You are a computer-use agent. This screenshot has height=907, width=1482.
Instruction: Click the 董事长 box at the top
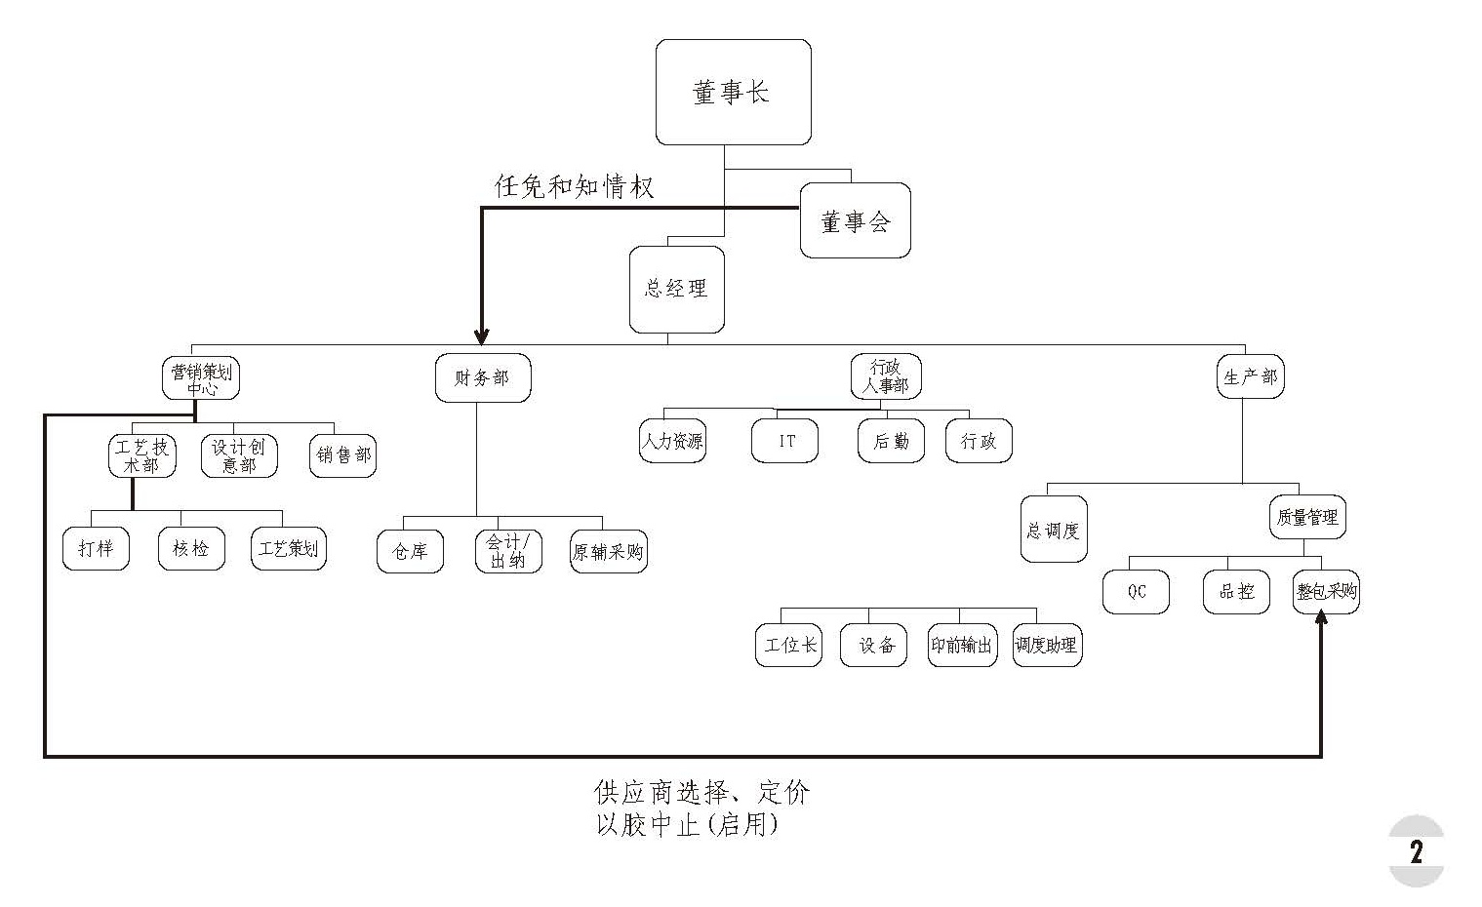[x=733, y=93]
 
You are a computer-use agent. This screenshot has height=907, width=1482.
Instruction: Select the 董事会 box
[x=855, y=221]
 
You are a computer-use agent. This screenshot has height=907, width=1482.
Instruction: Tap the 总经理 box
[x=676, y=289]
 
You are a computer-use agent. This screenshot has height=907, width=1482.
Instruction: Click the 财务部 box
[x=482, y=377]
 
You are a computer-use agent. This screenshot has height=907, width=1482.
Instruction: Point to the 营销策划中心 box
[x=201, y=377]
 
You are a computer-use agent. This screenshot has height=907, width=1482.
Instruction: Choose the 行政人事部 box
[x=885, y=376]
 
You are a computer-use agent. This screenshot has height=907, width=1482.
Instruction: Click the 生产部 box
[x=1250, y=376]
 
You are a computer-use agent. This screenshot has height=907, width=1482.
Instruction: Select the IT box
[x=785, y=441]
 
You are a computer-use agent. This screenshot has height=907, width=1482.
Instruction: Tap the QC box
[x=1136, y=591]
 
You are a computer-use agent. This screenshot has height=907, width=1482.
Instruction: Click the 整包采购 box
[x=1326, y=591]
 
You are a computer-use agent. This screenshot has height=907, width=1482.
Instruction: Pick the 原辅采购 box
[x=608, y=552]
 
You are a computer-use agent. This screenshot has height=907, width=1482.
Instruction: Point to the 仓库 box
[x=410, y=552]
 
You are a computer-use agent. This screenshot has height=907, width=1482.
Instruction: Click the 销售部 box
[x=342, y=454]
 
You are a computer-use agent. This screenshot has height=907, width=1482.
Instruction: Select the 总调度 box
[x=1054, y=531]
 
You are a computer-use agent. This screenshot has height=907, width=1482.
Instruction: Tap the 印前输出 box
[x=962, y=646]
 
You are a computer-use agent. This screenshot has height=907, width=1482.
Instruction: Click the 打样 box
[x=96, y=548]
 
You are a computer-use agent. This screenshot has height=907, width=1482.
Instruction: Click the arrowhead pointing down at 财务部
[x=482, y=336]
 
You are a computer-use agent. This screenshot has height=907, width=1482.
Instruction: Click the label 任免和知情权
[x=574, y=187]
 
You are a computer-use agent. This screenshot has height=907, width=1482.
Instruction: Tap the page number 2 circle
[x=1416, y=851]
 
